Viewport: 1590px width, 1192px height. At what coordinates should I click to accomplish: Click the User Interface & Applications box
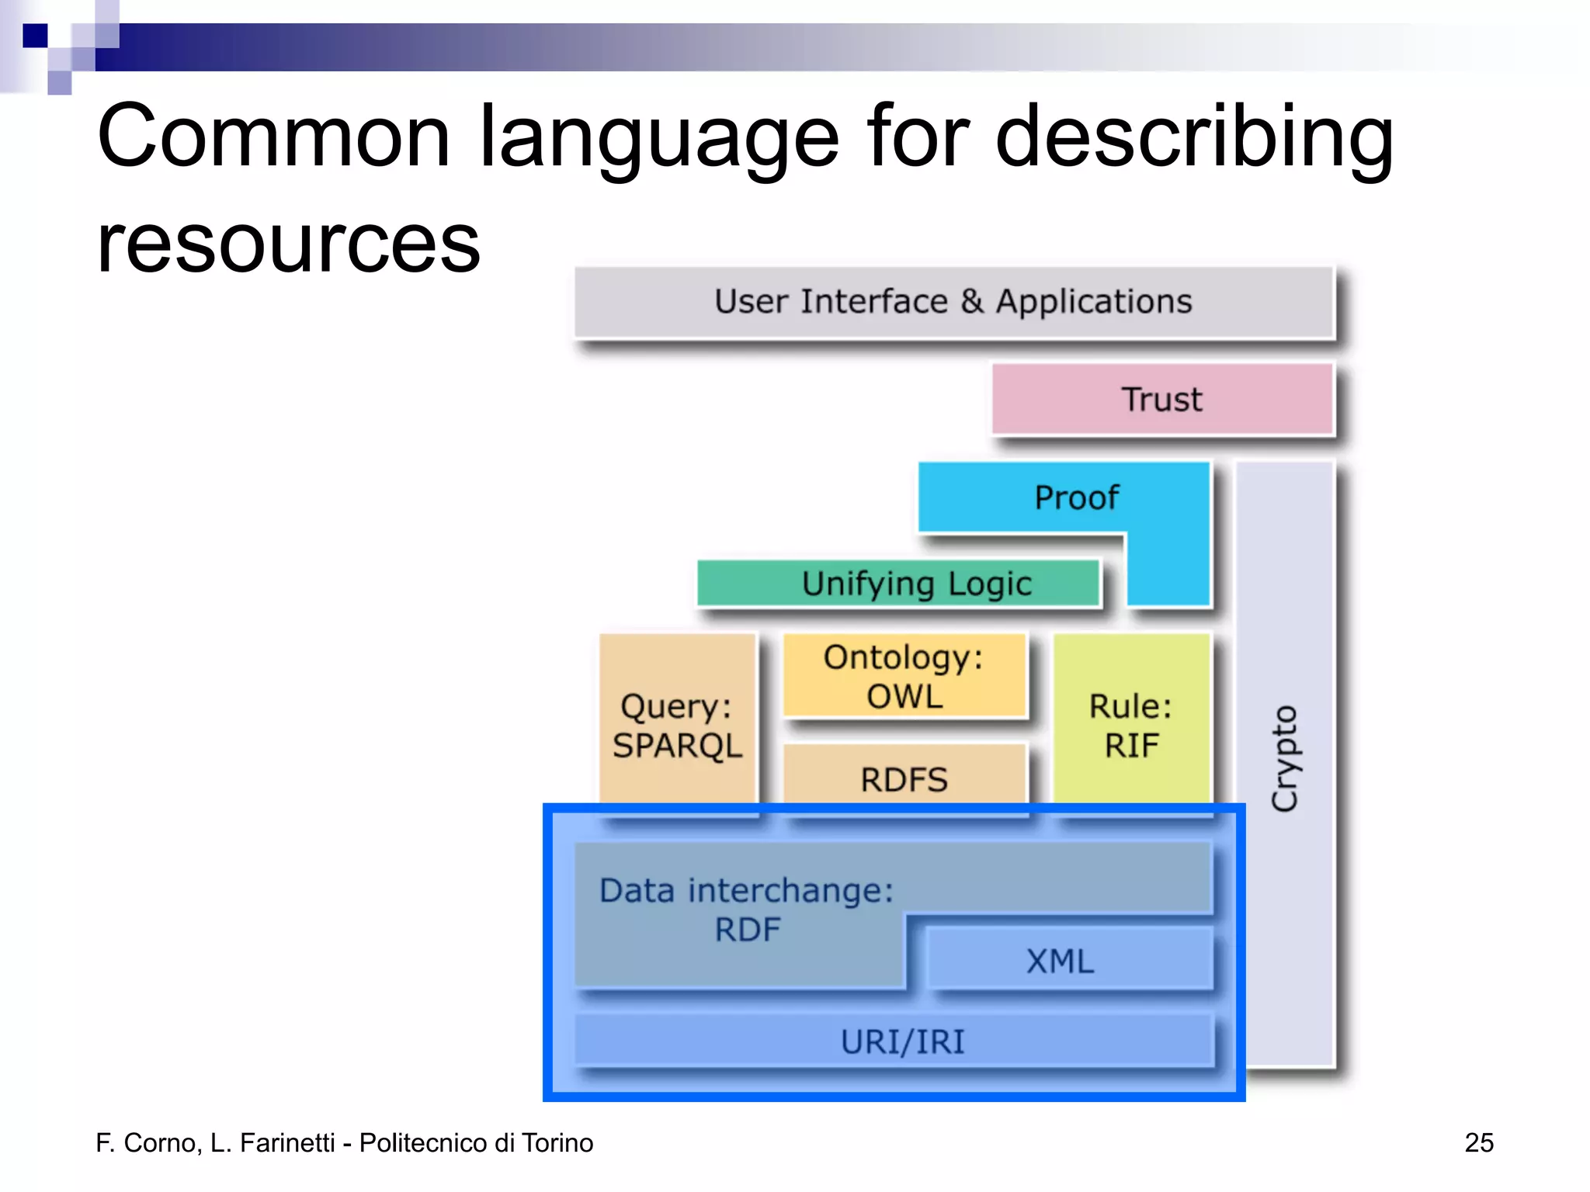(953, 302)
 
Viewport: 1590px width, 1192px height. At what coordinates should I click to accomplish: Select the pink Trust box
(1161, 399)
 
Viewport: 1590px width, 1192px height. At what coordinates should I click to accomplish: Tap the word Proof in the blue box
(1076, 497)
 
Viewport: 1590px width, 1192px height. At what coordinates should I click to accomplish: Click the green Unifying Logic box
(899, 584)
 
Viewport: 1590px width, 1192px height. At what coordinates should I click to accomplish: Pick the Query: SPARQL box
(677, 725)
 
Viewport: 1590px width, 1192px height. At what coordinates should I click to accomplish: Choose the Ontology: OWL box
(904, 676)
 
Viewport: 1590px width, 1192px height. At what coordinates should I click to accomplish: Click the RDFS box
(904, 778)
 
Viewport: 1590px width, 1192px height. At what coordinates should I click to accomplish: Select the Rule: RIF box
(1131, 725)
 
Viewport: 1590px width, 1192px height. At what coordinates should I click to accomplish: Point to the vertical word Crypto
(1285, 758)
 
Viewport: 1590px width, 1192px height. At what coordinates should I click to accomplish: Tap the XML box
(1061, 961)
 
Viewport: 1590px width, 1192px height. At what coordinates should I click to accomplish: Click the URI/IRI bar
(902, 1041)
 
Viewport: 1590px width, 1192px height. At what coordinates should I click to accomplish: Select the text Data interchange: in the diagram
(746, 890)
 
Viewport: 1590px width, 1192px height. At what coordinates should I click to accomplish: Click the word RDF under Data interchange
(747, 929)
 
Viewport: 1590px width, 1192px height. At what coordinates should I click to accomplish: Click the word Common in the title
(273, 137)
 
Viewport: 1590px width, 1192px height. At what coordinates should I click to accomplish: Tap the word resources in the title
(288, 244)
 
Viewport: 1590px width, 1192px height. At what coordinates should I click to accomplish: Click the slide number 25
(1478, 1142)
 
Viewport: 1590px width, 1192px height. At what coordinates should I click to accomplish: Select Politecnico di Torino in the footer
(476, 1142)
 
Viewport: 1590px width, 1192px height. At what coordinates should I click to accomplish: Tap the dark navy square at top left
(35, 36)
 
